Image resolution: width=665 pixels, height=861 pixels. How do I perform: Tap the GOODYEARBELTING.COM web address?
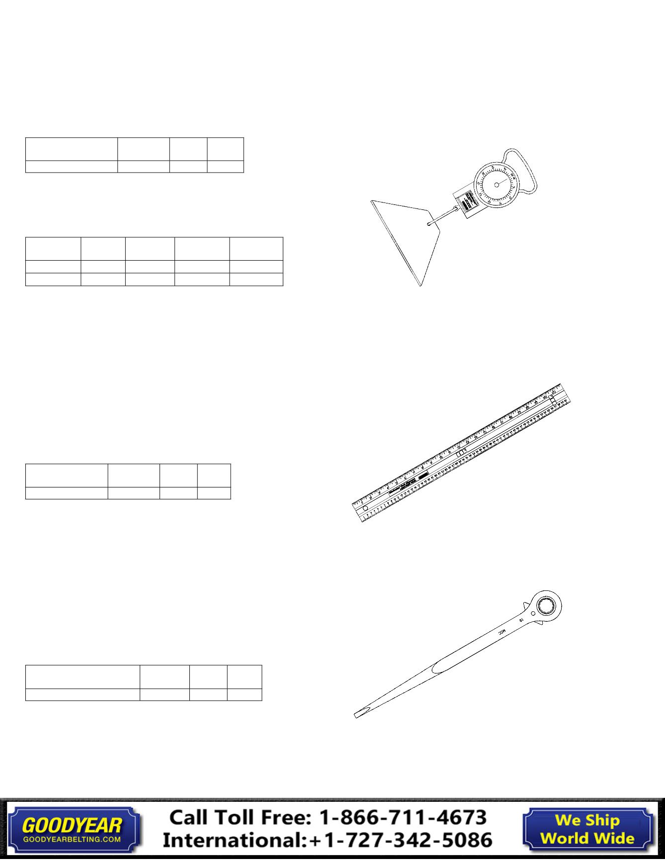[x=72, y=839]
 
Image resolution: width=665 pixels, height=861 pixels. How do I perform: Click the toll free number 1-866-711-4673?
[x=403, y=818]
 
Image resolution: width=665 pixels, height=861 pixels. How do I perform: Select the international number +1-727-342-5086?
[x=401, y=840]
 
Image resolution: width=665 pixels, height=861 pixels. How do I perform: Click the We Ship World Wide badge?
[x=587, y=829]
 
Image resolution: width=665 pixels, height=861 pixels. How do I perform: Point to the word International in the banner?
[x=234, y=840]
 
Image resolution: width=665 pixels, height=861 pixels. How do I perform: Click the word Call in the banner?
[x=191, y=818]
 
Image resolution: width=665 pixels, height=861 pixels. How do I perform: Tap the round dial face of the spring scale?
[x=497, y=185]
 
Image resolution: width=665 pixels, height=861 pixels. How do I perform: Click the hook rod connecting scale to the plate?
[x=442, y=217]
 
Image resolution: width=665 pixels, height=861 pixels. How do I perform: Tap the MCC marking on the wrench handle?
[x=502, y=633]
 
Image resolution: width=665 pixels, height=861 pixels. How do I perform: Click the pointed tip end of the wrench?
[x=356, y=715]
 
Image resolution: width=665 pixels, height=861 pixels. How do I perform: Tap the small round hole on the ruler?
[x=365, y=508]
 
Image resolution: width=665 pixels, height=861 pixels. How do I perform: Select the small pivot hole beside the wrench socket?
[x=533, y=614]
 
